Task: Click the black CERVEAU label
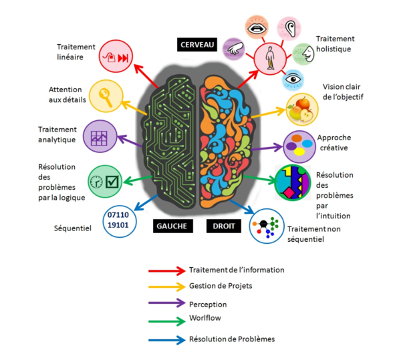click(197, 44)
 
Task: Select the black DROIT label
click(223, 225)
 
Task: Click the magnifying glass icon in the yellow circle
click(105, 95)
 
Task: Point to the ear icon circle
click(290, 28)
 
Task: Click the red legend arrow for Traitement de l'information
click(166, 270)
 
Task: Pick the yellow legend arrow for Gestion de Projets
click(166, 286)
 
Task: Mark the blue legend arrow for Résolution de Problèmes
click(166, 339)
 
